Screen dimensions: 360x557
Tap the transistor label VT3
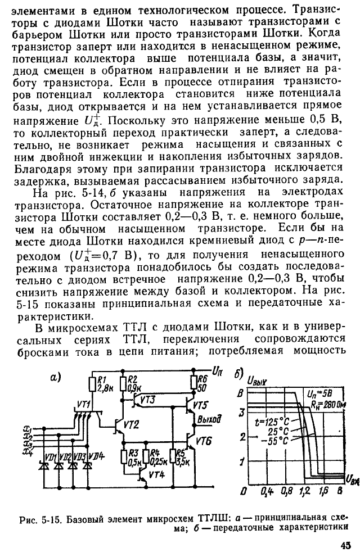coord(147,400)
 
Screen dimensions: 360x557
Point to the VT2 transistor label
coord(131,424)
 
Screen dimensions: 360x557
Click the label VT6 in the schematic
coord(204,441)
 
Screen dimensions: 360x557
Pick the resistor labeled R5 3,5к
coord(173,457)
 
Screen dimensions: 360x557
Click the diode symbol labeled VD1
coord(45,465)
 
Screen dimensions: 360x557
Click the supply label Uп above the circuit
coord(217,371)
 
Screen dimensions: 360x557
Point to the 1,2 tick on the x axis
coord(304,491)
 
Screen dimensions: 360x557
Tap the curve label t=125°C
coord(272,423)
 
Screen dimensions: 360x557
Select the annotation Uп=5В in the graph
coord(319,393)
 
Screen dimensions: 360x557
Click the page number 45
coord(345,545)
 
